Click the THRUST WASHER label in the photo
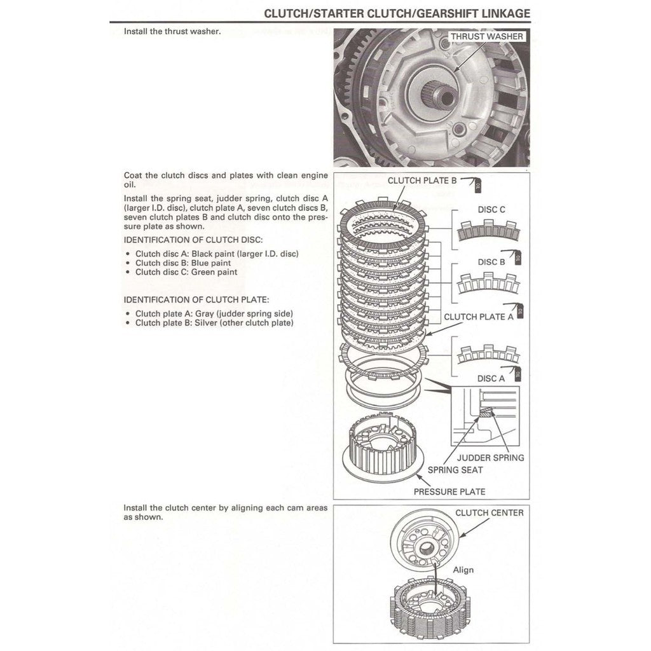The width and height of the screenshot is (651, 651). (487, 36)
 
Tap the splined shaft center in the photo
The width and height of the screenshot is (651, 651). (442, 97)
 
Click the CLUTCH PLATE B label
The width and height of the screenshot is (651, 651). (422, 180)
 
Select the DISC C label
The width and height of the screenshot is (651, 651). (491, 209)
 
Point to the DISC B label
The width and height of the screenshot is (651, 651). (491, 262)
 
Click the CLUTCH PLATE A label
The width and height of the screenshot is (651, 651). (478, 317)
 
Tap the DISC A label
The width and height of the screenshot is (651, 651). (491, 378)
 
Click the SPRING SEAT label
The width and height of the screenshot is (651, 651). (455, 470)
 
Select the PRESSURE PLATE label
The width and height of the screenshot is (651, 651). (449, 491)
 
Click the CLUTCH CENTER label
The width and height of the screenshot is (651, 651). (490, 512)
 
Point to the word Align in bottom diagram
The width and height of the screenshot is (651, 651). (463, 570)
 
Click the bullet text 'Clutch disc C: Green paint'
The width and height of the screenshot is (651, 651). (186, 272)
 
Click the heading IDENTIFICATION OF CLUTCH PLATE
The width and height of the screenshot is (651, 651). (196, 299)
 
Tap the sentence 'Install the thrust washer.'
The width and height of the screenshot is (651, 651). (172, 31)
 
